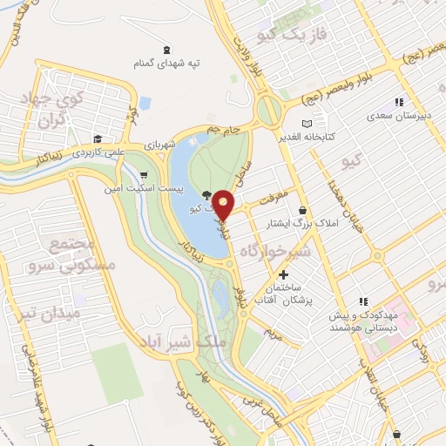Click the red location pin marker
click(224, 205)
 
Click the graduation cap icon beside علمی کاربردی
click(98, 138)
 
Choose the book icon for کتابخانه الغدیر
click(305, 124)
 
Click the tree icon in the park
click(206, 195)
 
